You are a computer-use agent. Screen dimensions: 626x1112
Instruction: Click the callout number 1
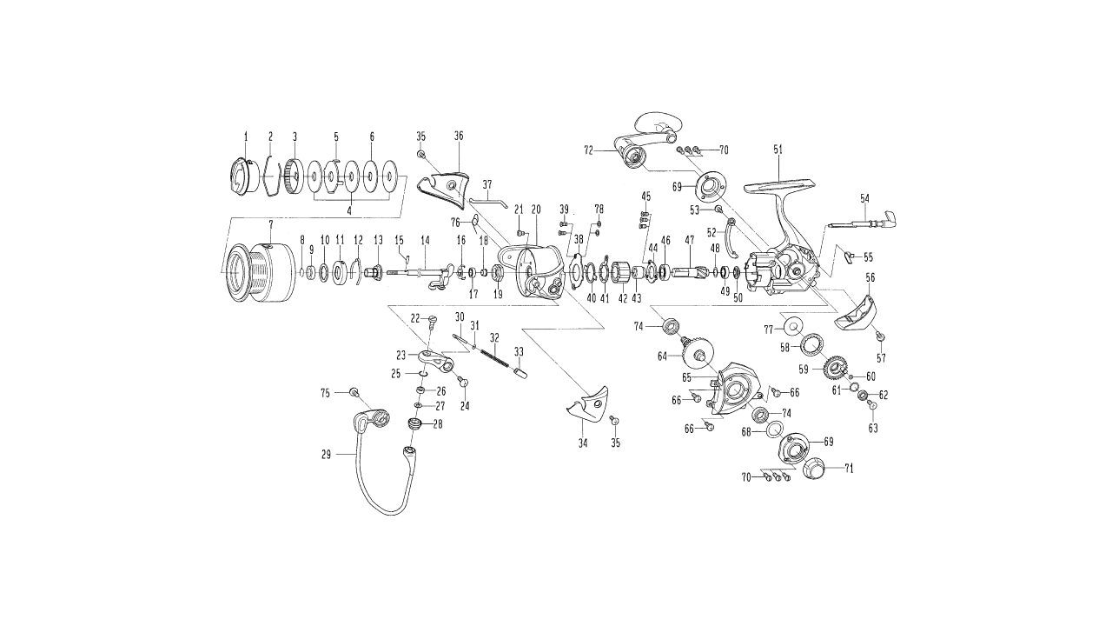tap(246, 137)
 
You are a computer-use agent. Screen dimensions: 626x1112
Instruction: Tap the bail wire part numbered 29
tap(382, 487)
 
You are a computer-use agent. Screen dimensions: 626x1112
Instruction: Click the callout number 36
tap(459, 136)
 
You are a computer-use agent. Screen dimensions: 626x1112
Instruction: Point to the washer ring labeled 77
tap(793, 327)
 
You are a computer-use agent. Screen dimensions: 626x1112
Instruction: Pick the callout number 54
tap(864, 198)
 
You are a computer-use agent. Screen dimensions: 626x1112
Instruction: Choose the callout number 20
tap(536, 209)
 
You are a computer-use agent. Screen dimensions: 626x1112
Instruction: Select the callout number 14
tap(426, 239)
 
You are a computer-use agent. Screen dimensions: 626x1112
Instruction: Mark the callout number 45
tap(645, 195)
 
